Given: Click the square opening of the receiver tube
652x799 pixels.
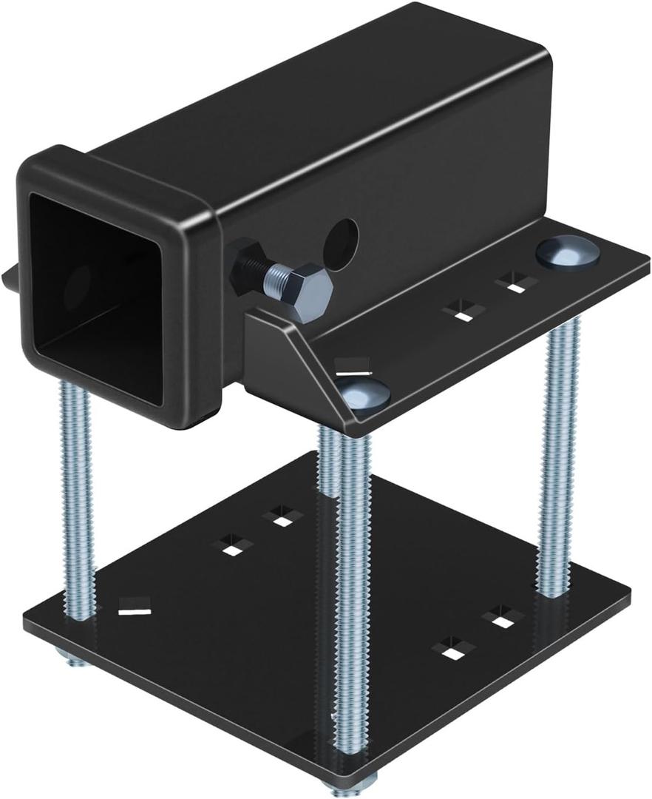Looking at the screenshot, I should (x=96, y=296).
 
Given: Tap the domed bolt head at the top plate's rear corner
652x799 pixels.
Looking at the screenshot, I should (x=567, y=252).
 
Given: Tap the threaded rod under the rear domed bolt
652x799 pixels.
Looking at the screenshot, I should (x=557, y=459).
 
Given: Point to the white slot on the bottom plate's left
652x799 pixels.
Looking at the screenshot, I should (x=135, y=611).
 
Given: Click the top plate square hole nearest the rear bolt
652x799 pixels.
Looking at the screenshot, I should (x=515, y=282).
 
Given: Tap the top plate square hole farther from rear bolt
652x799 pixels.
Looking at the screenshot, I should (x=463, y=311).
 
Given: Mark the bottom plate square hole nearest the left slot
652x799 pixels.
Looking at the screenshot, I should (x=232, y=547).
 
